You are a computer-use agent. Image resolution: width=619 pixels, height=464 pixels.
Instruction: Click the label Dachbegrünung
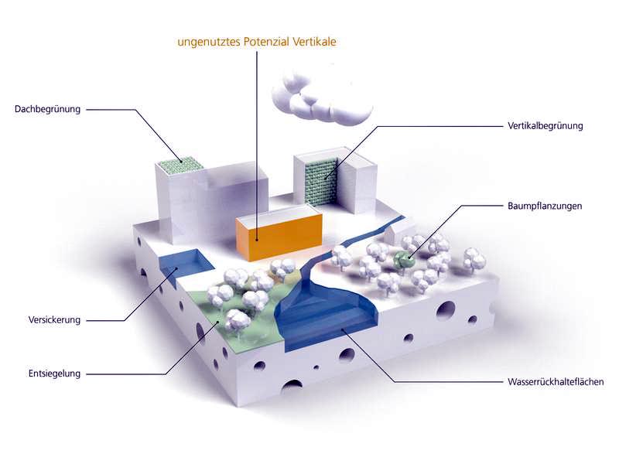tap(47, 109)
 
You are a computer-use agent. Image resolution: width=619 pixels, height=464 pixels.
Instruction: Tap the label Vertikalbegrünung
tap(545, 126)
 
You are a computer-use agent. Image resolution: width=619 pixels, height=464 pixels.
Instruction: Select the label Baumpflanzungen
tap(545, 206)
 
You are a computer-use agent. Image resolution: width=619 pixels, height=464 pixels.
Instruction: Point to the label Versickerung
tap(54, 320)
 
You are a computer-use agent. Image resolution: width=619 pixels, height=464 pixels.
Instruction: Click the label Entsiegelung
tap(54, 374)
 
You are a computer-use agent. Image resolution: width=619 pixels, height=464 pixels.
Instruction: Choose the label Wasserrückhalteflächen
tap(556, 382)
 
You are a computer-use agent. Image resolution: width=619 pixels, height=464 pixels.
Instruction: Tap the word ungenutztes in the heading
tap(209, 43)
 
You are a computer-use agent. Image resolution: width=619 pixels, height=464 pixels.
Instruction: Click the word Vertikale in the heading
tap(314, 42)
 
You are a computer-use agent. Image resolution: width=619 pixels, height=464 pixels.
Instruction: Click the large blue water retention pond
tap(326, 316)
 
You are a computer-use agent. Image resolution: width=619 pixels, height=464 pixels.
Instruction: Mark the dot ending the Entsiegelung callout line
tap(218, 322)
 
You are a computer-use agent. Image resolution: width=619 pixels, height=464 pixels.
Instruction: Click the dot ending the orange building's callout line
tap(257, 239)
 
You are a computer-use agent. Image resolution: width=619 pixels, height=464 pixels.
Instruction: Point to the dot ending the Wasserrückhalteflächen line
tap(343, 330)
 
